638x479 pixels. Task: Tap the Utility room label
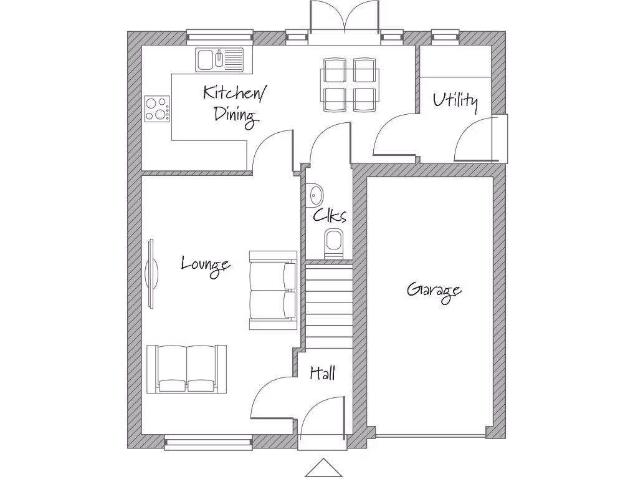tap(455, 100)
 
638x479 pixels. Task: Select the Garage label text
tap(434, 291)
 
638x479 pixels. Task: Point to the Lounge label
tap(206, 264)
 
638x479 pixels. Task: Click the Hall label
tap(323, 373)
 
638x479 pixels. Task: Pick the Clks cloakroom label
tap(329, 216)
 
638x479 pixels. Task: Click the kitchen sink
tap(220, 60)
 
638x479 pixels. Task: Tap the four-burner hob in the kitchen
tap(156, 109)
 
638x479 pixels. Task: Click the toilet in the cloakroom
tap(333, 243)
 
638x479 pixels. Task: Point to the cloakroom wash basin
tap(315, 195)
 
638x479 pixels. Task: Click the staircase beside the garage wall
tap(329, 306)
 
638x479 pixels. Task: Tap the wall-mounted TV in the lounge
tap(150, 274)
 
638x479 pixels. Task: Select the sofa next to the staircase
tap(273, 290)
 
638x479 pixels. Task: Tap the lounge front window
tap(208, 443)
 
